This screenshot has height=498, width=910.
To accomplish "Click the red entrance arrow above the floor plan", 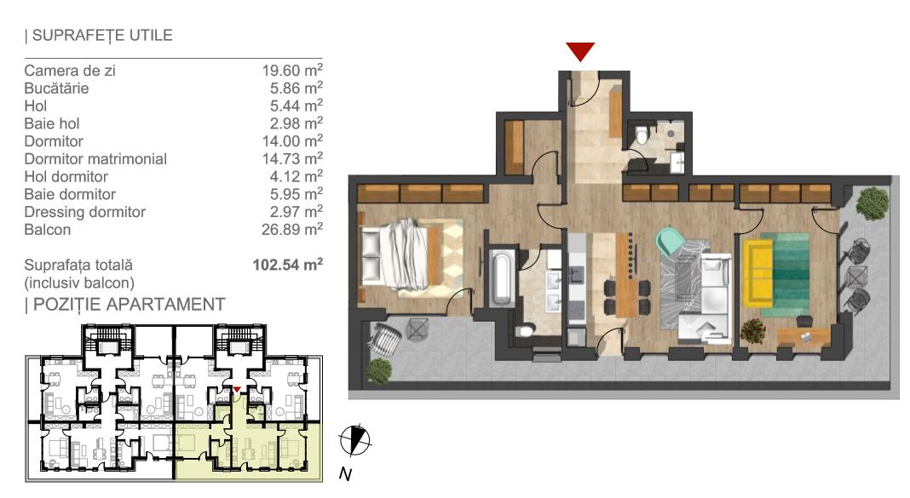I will tap(580, 52).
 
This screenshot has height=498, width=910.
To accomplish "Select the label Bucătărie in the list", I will tap(57, 88).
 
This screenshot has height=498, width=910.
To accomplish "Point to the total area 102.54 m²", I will tap(287, 265).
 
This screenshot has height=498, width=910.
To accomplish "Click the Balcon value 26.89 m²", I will tap(292, 229).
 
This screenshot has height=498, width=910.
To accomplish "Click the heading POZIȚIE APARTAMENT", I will tap(125, 304).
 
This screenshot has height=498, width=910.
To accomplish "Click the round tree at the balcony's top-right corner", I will tap(872, 203).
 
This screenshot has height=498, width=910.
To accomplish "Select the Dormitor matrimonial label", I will tap(95, 158).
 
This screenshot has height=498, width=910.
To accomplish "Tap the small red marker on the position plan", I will tap(237, 390).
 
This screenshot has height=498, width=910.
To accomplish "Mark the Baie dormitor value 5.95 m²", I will tap(292, 194).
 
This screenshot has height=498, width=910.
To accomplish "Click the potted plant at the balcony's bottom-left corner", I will tap(377, 370).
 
